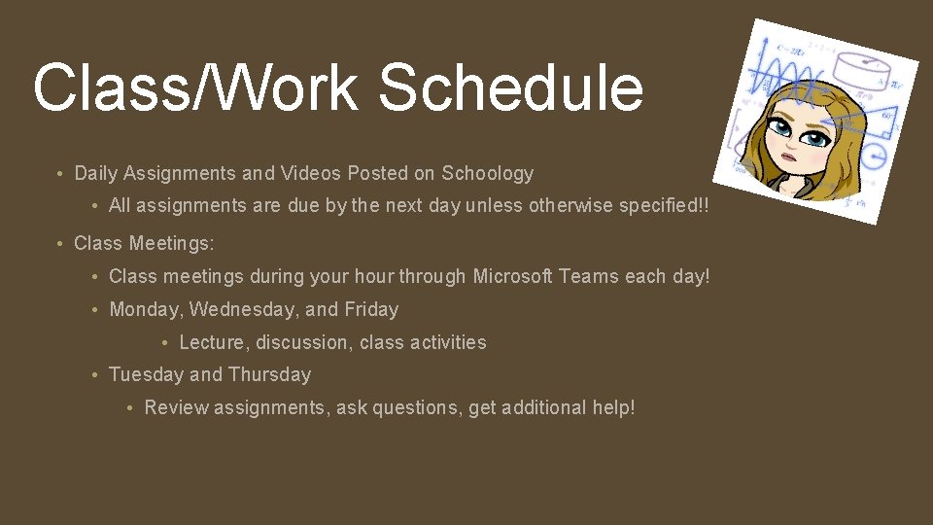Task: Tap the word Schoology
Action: [x=488, y=174]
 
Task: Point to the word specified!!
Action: [x=668, y=206]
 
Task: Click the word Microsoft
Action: [x=513, y=276]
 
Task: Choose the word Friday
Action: [x=371, y=309]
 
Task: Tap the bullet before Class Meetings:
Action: [x=61, y=243]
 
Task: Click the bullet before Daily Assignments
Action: [x=61, y=175]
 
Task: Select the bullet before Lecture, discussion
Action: [x=167, y=343]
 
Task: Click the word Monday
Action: [x=146, y=309]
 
